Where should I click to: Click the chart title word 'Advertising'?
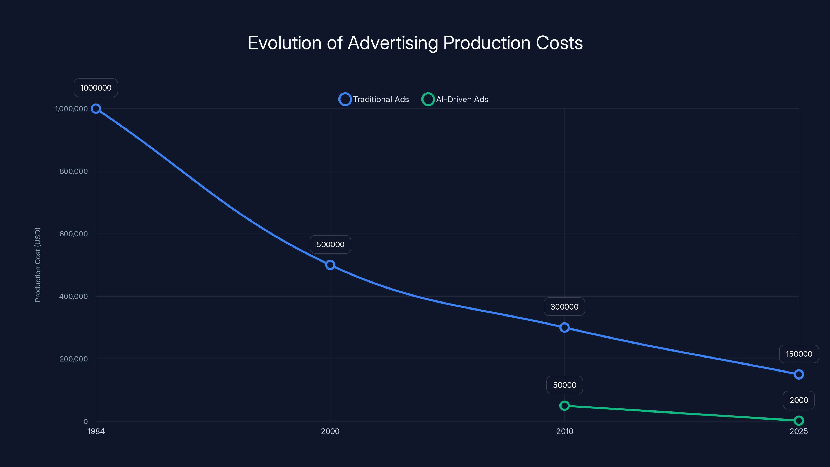pyautogui.click(x=393, y=43)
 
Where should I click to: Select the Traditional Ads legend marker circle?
pyautogui.click(x=345, y=99)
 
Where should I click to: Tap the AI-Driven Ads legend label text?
pyautogui.click(x=462, y=99)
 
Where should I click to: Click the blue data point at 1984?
pyautogui.click(x=96, y=109)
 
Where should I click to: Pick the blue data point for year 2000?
pyautogui.click(x=330, y=265)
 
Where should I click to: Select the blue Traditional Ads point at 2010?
pyautogui.click(x=564, y=327)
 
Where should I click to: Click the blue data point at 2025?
pyautogui.click(x=798, y=374)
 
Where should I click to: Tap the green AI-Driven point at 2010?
pyautogui.click(x=564, y=406)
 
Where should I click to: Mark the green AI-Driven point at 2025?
pyautogui.click(x=798, y=421)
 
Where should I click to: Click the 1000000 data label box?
pyautogui.click(x=96, y=88)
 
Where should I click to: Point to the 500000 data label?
pyautogui.click(x=330, y=244)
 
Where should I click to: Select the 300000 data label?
pyautogui.click(x=564, y=306)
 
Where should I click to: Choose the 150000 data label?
pyautogui.click(x=799, y=354)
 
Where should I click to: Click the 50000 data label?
pyautogui.click(x=564, y=385)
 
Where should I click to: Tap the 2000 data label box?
pyautogui.click(x=799, y=400)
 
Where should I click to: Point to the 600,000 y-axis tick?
pyautogui.click(x=73, y=234)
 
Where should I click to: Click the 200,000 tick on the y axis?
pyautogui.click(x=73, y=359)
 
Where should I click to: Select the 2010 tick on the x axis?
pyautogui.click(x=564, y=431)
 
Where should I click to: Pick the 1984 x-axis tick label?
pyautogui.click(x=96, y=431)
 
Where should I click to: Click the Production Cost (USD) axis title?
pyautogui.click(x=38, y=265)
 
